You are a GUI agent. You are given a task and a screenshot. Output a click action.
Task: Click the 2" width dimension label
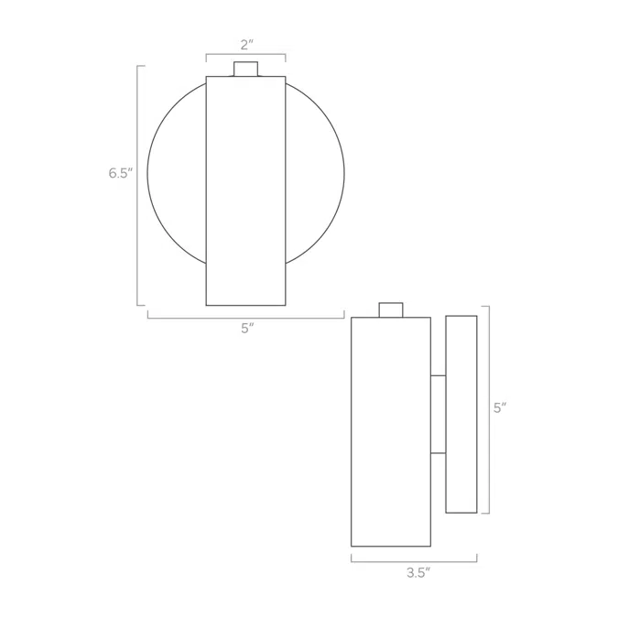coord(245,44)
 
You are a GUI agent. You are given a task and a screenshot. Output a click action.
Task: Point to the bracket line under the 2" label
coord(245,55)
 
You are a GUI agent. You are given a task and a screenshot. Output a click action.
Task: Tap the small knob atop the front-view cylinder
coord(245,69)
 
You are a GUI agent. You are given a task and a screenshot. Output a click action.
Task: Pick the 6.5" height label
coord(120,173)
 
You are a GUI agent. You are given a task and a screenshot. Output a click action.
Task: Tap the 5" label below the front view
coord(247,329)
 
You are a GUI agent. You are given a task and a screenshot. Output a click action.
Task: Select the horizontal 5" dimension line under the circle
coord(245,318)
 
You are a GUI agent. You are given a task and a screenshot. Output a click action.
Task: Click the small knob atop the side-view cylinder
coord(391,309)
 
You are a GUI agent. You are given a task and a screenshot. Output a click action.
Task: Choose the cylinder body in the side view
coord(391,431)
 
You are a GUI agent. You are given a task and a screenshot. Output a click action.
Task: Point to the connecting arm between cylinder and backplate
coord(438,414)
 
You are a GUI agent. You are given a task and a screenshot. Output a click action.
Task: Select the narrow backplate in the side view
coord(461,414)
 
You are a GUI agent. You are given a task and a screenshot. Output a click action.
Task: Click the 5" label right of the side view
coord(499,408)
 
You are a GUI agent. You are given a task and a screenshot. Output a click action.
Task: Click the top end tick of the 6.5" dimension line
coord(141,66)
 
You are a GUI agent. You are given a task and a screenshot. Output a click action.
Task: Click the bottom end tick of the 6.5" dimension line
coord(141,305)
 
